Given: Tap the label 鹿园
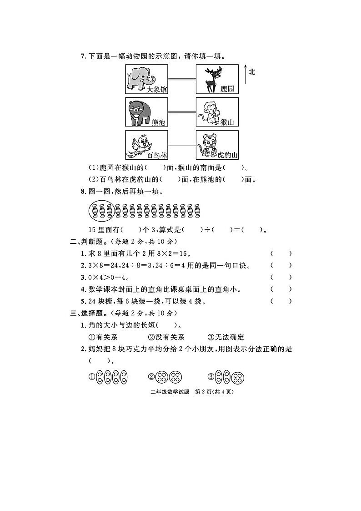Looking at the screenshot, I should (x=227, y=89).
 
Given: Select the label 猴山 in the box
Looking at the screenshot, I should (x=227, y=122).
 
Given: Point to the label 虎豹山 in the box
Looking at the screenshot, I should (x=226, y=156).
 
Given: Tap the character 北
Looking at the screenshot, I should (x=252, y=71).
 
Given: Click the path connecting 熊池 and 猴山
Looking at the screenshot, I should (x=182, y=112).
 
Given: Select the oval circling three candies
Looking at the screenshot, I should (x=100, y=210).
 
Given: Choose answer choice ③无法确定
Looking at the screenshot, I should (x=226, y=337).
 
